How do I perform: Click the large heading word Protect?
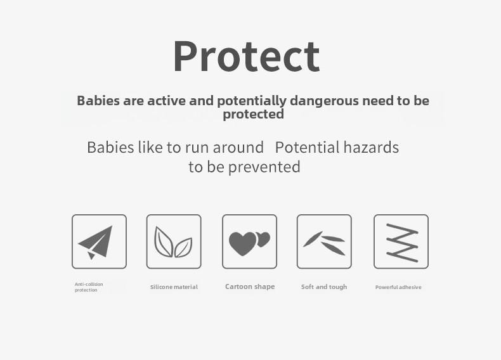[x=246, y=56]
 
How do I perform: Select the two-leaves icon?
[x=173, y=242]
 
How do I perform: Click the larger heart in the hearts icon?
[x=242, y=243]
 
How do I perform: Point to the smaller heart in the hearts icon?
[x=264, y=238]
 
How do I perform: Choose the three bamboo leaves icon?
[x=324, y=243]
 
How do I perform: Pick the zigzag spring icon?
[x=402, y=243]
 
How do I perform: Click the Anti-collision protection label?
[x=89, y=287]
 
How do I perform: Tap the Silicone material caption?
[x=174, y=287]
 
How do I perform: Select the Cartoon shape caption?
[x=250, y=286]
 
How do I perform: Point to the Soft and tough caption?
[x=324, y=287]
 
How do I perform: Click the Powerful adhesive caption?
[x=398, y=287]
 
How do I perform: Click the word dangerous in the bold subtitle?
[x=324, y=101]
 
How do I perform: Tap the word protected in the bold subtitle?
[x=254, y=114]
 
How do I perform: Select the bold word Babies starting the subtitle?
[x=98, y=101]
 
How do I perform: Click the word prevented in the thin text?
[x=264, y=167]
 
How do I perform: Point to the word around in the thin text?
[x=238, y=148]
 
